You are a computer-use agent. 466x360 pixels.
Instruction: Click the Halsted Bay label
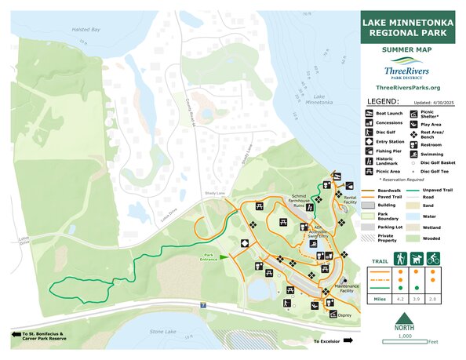tap(86, 30)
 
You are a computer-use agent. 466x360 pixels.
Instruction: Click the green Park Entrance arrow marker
tap(223, 256)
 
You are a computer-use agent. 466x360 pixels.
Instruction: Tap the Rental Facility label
tap(350, 199)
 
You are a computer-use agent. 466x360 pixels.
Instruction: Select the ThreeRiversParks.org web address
tap(407, 88)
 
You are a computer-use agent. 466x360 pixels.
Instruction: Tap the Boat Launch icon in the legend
tap(369, 115)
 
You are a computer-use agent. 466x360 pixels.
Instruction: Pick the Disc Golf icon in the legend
tap(369, 132)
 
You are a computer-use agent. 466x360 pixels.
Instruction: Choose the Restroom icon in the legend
tap(413, 144)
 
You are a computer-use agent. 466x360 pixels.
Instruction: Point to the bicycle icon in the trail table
tap(433, 257)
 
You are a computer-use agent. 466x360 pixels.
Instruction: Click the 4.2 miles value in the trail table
tap(399, 299)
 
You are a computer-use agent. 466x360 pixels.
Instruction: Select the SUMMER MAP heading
tap(407, 49)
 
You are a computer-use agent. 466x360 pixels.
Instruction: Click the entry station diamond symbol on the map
tap(245, 244)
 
